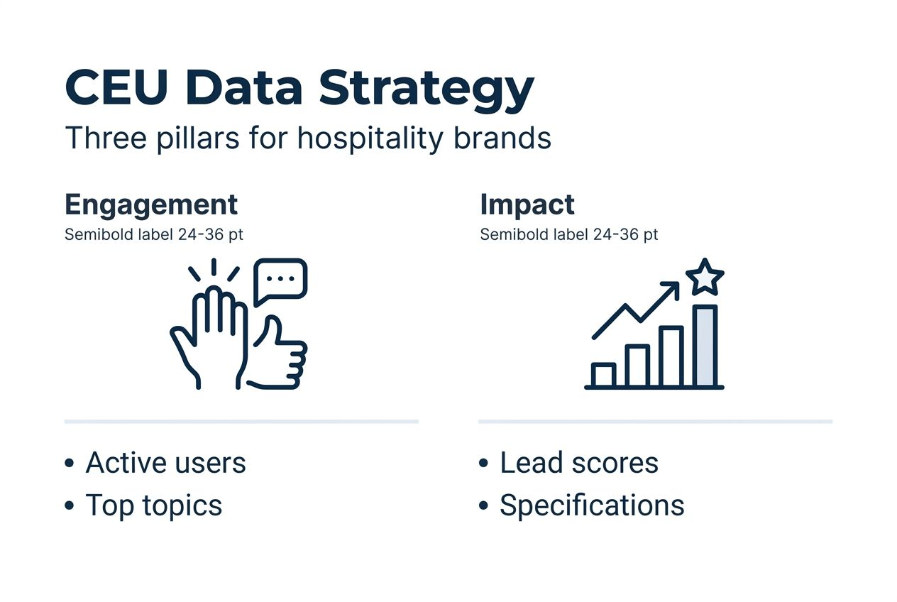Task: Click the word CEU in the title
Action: (114, 88)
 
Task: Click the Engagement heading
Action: (151, 204)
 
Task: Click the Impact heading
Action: (527, 204)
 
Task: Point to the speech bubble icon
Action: (280, 280)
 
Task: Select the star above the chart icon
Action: (705, 278)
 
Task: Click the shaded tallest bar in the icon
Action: (705, 346)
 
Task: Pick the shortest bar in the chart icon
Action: (603, 375)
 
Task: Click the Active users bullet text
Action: (165, 463)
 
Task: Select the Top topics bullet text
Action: (153, 505)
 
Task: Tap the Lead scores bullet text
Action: (578, 463)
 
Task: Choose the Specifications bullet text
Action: (592, 505)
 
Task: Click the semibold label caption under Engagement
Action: (153, 234)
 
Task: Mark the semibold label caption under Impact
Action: (568, 234)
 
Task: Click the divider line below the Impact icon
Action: (655, 422)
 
